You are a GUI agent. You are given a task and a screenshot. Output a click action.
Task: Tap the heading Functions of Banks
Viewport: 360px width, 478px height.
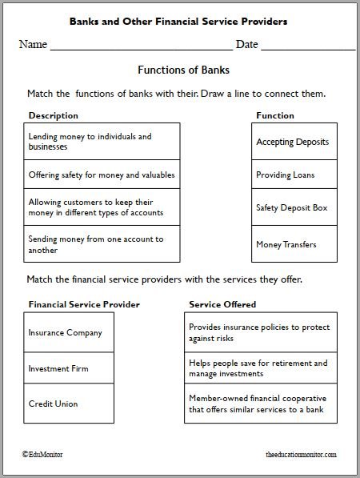click(x=179, y=70)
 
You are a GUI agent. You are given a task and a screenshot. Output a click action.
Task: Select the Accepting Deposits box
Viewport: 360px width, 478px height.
click(x=293, y=142)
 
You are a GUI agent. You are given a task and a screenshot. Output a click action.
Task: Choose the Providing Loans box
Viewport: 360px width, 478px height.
click(x=293, y=175)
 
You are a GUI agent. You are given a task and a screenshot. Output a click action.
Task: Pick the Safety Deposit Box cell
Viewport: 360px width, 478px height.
click(x=293, y=208)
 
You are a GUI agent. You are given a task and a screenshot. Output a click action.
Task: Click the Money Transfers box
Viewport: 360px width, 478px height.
click(x=293, y=243)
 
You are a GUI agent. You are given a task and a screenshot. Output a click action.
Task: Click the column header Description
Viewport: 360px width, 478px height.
click(x=53, y=115)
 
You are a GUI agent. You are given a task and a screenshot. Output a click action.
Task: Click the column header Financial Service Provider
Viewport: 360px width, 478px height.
click(x=84, y=304)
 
